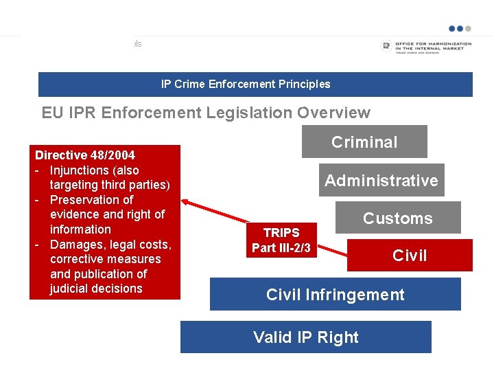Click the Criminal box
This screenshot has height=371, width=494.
click(x=364, y=142)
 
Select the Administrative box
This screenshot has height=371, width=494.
click(x=381, y=181)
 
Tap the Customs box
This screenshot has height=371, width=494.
click(x=398, y=218)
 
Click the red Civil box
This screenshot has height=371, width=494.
click(x=410, y=256)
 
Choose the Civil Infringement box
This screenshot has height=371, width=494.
click(x=335, y=295)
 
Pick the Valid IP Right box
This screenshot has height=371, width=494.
click(x=306, y=337)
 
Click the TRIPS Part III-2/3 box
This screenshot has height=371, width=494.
click(x=281, y=240)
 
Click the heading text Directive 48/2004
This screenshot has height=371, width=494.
click(x=85, y=155)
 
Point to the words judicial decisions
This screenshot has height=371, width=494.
click(x=96, y=289)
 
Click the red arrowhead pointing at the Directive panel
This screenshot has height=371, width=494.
click(x=186, y=201)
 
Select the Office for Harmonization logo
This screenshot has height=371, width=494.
click(x=425, y=47)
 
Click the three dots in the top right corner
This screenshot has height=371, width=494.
click(x=460, y=29)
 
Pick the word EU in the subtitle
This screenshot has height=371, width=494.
click(x=51, y=113)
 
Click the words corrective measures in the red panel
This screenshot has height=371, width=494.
click(x=105, y=259)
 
